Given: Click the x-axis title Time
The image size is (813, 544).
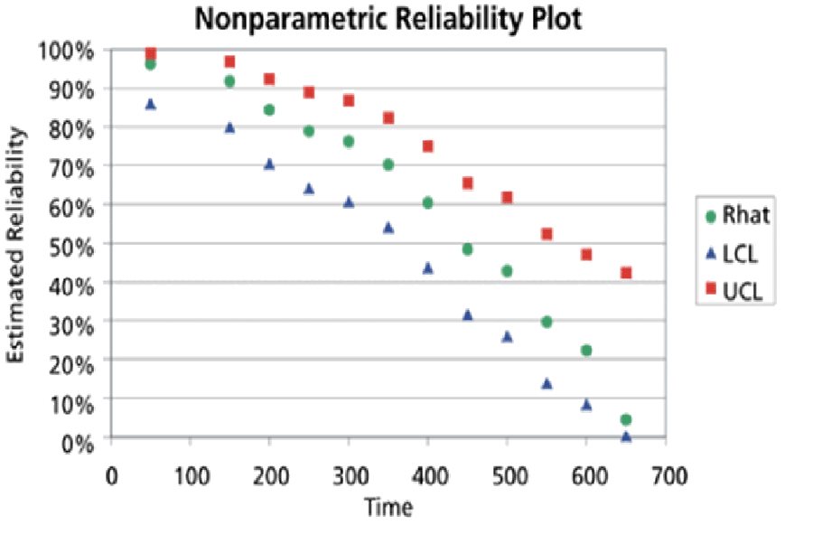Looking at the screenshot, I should [x=388, y=507].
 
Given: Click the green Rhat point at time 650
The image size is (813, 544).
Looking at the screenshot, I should [x=625, y=419].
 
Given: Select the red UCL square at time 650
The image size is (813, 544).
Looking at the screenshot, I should [x=626, y=273].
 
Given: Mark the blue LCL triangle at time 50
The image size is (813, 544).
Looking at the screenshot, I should [x=151, y=105].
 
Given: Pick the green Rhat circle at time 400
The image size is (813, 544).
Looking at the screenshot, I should [x=427, y=202].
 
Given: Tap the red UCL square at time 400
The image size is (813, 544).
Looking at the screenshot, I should [x=428, y=146].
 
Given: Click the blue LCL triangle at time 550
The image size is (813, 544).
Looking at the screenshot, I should [x=547, y=383].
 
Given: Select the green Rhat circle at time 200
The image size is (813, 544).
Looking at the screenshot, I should [x=269, y=110].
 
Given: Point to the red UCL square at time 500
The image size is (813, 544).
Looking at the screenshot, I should [x=507, y=197].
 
